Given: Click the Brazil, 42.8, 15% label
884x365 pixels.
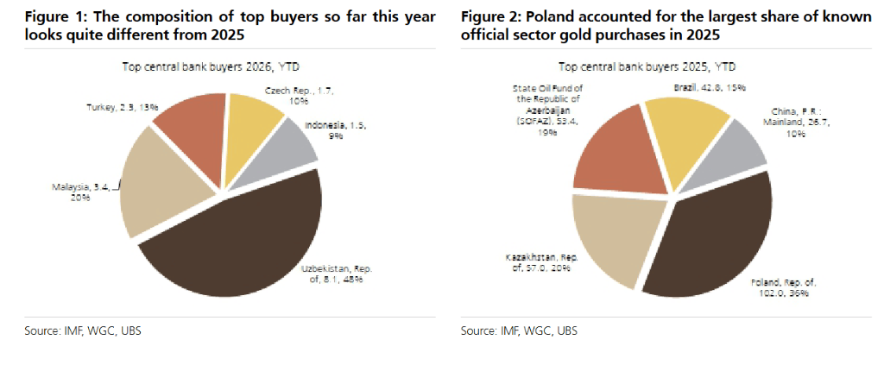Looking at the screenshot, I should pyautogui.click(x=708, y=88).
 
